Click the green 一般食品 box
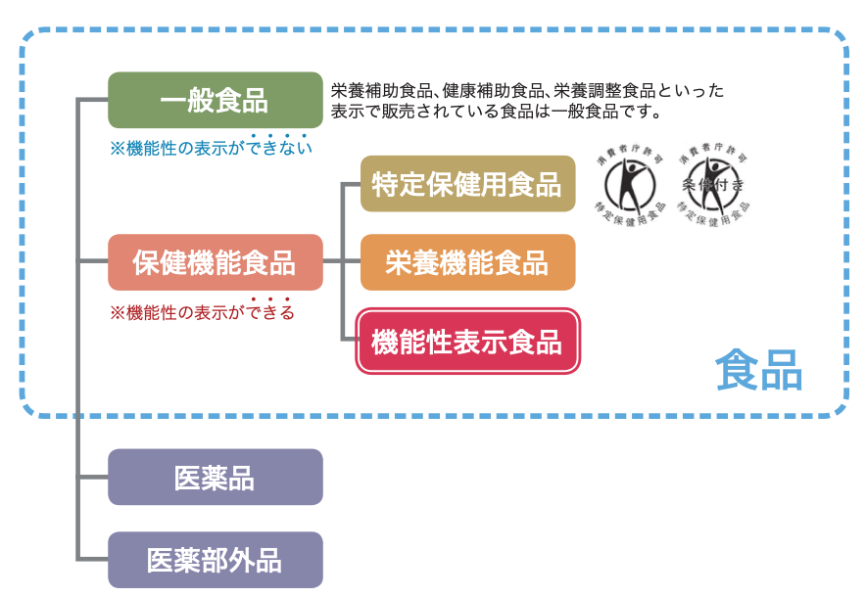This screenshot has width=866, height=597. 215,100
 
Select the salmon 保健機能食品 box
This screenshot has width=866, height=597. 215,262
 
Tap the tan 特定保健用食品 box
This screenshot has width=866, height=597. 467,184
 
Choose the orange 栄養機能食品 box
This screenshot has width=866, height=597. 467,262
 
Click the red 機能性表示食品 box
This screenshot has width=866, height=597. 467,342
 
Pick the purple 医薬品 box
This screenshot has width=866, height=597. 215,478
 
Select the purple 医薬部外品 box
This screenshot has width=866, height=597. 215,560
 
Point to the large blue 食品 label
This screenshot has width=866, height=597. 758,370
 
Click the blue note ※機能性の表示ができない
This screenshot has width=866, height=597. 211,149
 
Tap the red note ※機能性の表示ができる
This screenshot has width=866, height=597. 202,313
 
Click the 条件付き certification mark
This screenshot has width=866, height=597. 712,181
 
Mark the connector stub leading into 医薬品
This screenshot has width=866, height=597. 93,478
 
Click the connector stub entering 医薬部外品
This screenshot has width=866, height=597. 93,559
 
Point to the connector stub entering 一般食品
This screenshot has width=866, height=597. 93,100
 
